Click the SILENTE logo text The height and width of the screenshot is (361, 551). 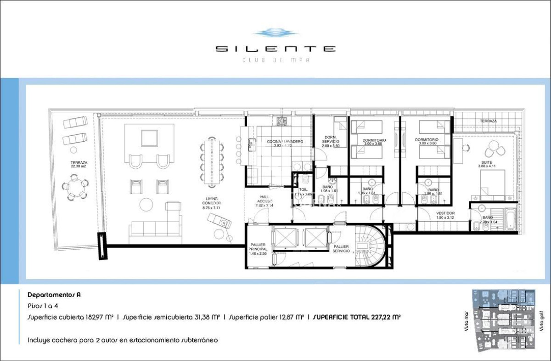coord(275,49)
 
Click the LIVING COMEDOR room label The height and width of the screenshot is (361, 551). coord(212,203)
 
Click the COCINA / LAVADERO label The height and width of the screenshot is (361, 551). coord(285,143)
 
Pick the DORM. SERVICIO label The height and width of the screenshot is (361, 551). coord(331,142)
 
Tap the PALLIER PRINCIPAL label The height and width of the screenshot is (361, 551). coord(258,249)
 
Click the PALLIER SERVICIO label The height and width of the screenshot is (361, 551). coord(341,249)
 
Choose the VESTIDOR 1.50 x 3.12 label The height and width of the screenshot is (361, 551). coord(445,215)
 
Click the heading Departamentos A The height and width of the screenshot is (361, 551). coord(48,295)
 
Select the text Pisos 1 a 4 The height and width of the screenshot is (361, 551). coord(43,305)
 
